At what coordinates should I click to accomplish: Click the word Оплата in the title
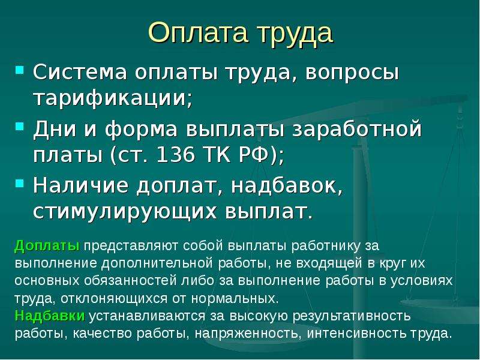(x=198, y=33)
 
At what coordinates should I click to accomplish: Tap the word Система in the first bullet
(x=80, y=73)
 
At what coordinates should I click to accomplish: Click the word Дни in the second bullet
(x=55, y=129)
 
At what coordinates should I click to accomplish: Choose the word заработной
(x=356, y=130)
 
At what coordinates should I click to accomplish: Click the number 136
(x=175, y=155)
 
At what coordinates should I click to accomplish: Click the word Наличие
(x=80, y=185)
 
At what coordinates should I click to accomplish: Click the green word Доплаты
(x=47, y=245)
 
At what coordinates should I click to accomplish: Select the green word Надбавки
(x=50, y=316)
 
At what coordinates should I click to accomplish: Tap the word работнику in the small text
(x=326, y=246)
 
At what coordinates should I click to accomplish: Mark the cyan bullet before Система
(x=19, y=70)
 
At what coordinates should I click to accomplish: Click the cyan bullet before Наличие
(x=19, y=183)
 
